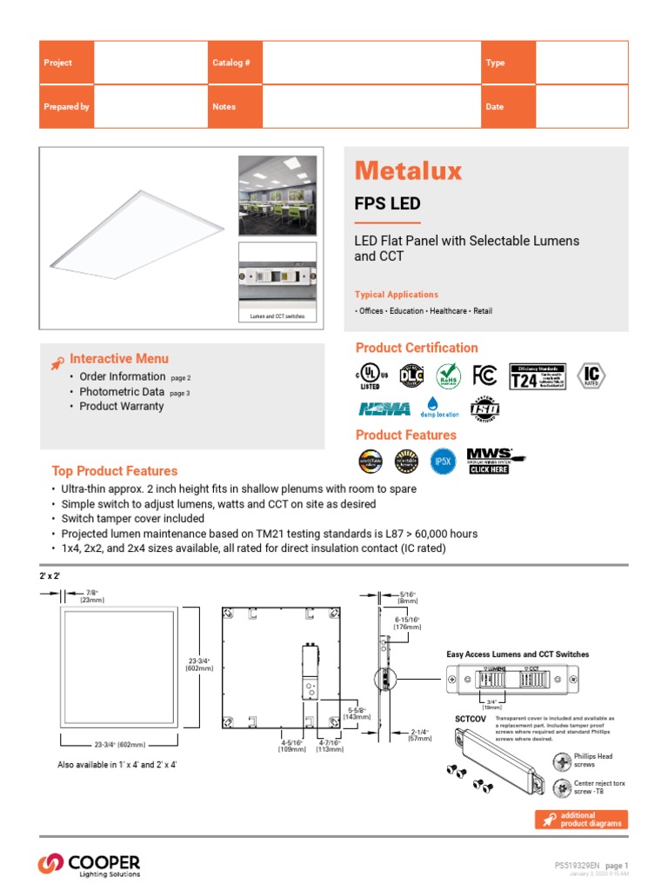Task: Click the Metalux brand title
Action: (408, 170)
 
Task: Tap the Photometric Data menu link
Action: (122, 392)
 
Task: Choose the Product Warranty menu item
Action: (121, 406)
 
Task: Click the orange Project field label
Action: (58, 63)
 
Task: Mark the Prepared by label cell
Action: (67, 107)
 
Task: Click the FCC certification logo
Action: (484, 375)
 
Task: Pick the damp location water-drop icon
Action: (439, 407)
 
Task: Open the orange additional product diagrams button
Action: (580, 820)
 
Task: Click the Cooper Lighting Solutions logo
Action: (89, 864)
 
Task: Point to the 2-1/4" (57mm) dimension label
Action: (421, 735)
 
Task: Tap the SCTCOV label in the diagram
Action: (470, 719)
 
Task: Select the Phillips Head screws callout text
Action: (593, 760)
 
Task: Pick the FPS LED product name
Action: (387, 204)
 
